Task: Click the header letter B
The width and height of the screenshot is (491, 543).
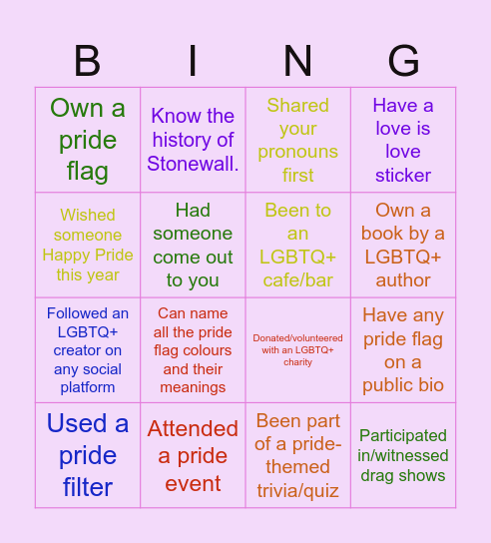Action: [88, 62]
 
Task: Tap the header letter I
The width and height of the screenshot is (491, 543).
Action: [193, 62]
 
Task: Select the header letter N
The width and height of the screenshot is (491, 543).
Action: [297, 62]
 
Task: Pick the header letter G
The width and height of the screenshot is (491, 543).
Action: [403, 62]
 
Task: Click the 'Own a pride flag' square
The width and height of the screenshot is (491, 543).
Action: [88, 140]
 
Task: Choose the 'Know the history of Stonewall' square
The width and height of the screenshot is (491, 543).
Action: [193, 140]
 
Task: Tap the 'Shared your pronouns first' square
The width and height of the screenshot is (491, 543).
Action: [297, 140]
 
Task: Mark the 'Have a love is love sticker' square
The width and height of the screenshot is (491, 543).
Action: [403, 140]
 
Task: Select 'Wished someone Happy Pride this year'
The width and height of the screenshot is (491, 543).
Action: [88, 245]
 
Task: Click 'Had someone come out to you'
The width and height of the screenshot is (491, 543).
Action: [193, 245]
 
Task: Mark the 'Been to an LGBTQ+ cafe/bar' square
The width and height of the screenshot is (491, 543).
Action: [297, 245]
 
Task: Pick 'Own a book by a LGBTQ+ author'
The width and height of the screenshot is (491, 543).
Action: [403, 245]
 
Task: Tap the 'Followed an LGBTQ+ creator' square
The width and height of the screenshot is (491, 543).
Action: [88, 349]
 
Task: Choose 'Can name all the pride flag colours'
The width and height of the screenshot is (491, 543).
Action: [193, 349]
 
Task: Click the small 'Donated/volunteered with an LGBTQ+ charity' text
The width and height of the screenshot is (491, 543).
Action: [297, 349]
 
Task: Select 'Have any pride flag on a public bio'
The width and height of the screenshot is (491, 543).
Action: [403, 349]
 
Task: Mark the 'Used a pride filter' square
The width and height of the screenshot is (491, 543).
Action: [88, 455]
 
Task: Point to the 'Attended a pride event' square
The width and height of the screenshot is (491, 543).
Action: [193, 455]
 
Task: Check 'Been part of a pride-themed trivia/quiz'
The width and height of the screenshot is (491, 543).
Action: [297, 455]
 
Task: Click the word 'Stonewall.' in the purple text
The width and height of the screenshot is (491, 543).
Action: [193, 164]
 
